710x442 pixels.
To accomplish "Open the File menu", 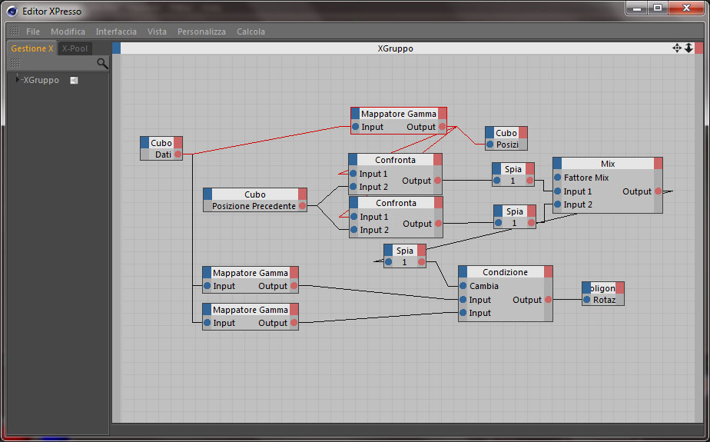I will [33, 32].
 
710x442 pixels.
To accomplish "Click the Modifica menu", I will [68, 32].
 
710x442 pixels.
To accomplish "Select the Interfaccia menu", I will [116, 32].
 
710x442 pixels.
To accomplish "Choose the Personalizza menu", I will [201, 32].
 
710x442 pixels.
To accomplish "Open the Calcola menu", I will [250, 32].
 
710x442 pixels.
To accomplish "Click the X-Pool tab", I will [75, 48].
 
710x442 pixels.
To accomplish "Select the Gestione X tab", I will [32, 48].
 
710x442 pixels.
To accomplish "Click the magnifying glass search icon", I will [102, 63].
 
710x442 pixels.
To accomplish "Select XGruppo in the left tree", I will [41, 80].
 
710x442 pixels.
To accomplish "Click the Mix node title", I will [608, 164].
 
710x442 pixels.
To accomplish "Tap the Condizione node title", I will [505, 272].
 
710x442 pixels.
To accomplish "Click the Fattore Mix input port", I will [558, 178].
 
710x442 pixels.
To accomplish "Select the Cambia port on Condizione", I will [463, 286].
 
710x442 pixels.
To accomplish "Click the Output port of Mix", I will [658, 191].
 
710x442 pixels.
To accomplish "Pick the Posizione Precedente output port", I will [302, 206].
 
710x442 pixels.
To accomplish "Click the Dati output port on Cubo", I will [177, 155].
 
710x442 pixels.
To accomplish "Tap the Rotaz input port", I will [587, 300].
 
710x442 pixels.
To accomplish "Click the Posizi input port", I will [490, 145].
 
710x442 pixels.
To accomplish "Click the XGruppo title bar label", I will [395, 48].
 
